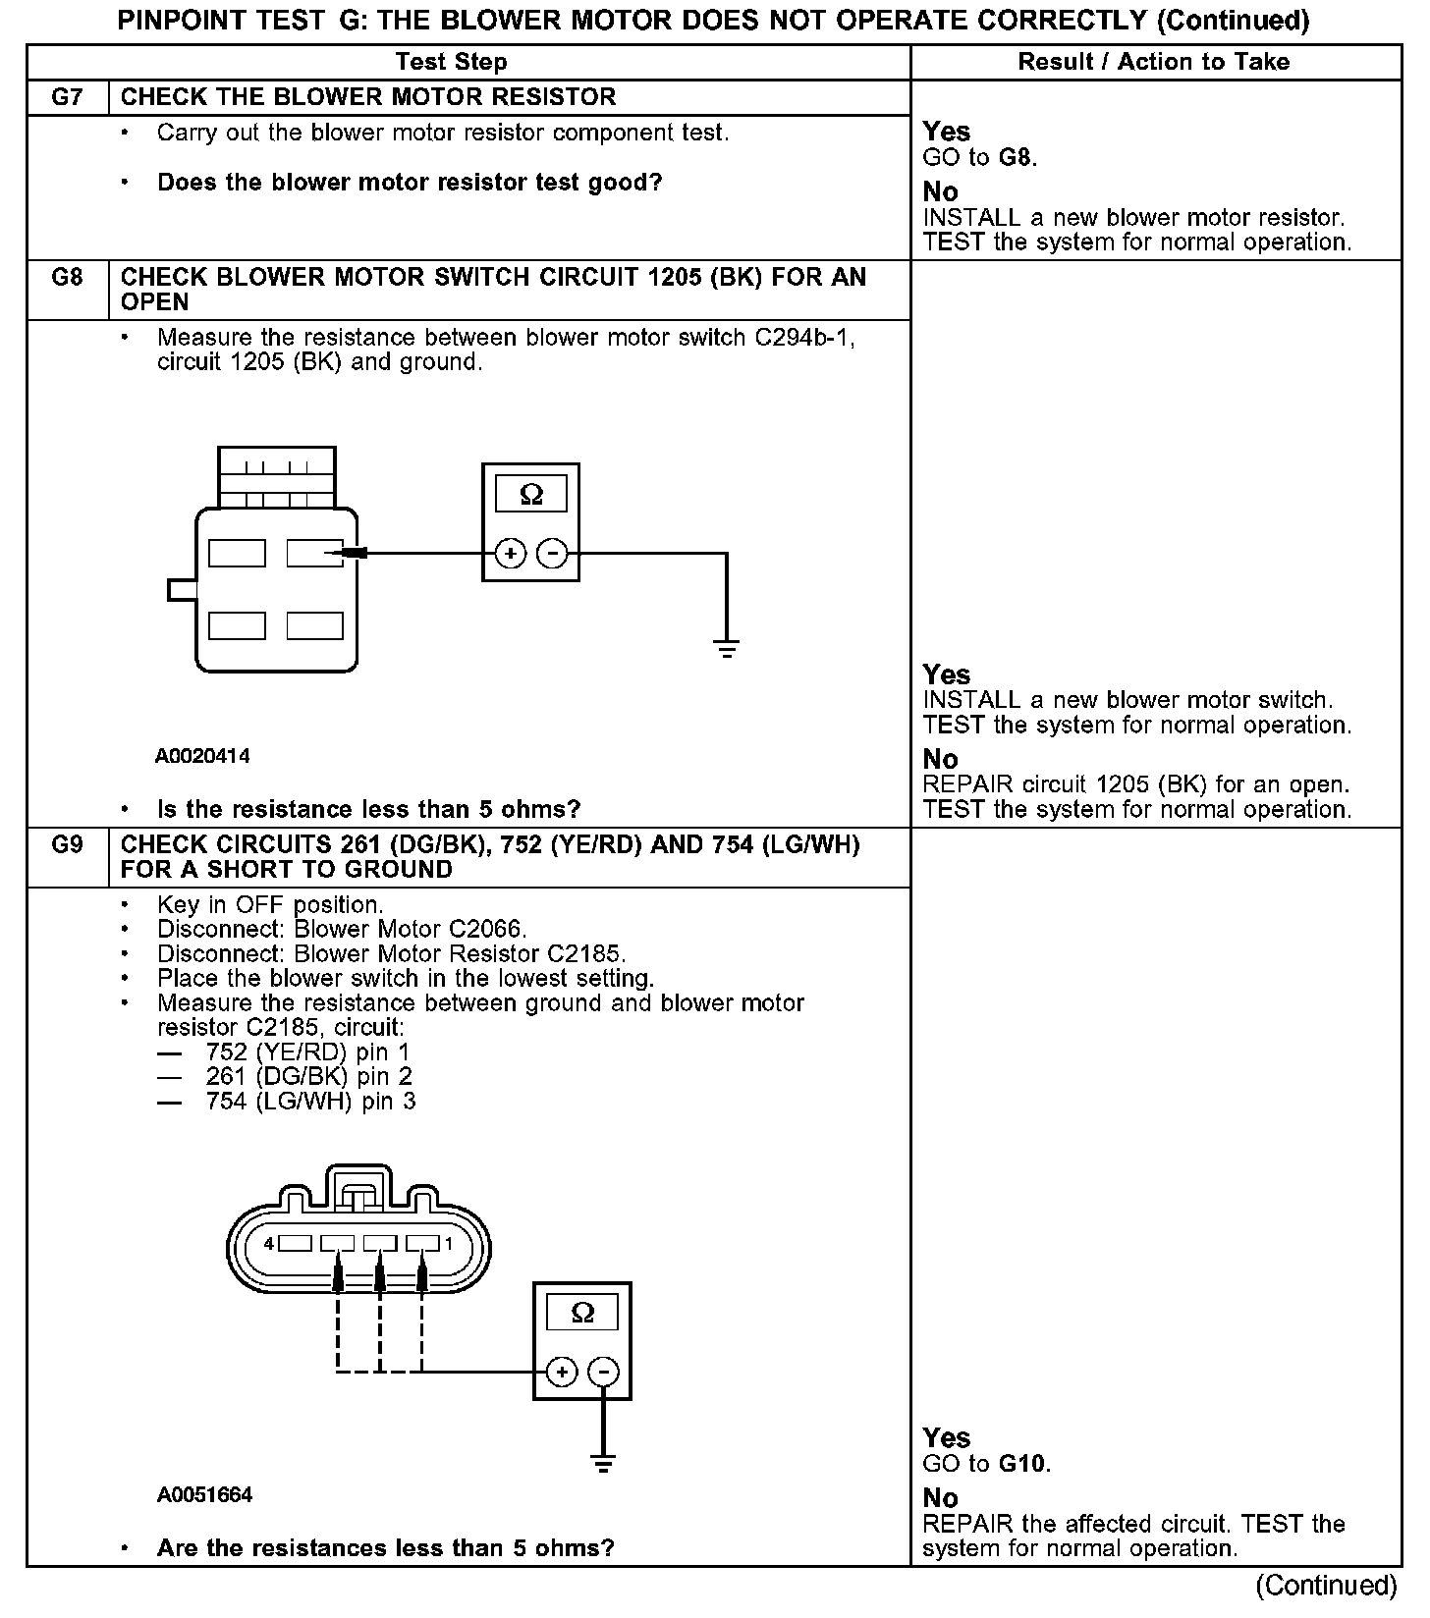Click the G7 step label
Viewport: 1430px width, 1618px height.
tap(67, 97)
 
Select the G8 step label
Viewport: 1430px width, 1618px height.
tap(67, 277)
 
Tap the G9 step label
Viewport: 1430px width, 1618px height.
tap(67, 844)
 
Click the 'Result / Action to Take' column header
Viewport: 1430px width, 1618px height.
tap(1153, 62)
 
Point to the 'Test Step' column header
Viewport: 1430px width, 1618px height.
tap(451, 62)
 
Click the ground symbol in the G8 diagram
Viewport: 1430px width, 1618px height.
tap(727, 648)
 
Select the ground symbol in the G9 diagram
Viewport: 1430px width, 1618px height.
tap(604, 1464)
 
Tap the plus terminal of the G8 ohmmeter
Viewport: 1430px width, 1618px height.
tap(510, 554)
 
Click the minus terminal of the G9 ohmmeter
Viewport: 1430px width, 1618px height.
tap(604, 1372)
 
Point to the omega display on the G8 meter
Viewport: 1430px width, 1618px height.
tap(530, 494)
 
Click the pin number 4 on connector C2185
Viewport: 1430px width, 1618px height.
tap(269, 1244)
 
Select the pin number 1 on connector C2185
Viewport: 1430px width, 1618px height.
tap(449, 1244)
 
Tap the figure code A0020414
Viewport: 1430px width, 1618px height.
tap(202, 756)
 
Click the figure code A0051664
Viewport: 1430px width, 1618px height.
tap(204, 1494)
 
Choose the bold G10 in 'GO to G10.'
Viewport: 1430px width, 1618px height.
tap(1022, 1464)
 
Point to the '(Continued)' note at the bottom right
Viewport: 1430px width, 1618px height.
tap(1326, 1585)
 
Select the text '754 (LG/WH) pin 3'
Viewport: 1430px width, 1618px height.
tap(310, 1102)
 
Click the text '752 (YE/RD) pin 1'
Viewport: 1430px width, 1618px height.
tap(307, 1052)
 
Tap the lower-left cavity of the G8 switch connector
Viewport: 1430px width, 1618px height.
tap(237, 625)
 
